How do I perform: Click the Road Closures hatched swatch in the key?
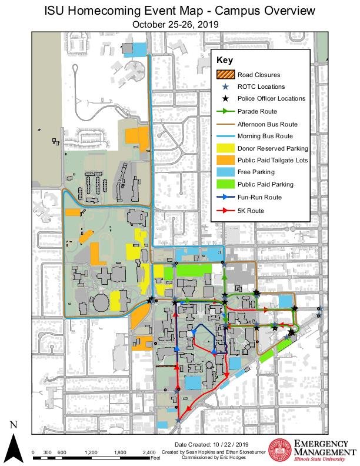pyautogui.click(x=225, y=75)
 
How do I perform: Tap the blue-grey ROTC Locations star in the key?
pyautogui.click(x=225, y=86)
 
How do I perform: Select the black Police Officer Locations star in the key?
pyautogui.click(x=225, y=99)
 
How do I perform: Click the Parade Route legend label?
pyautogui.click(x=257, y=111)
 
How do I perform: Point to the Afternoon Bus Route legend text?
pyautogui.click(x=268, y=124)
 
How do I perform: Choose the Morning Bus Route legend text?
pyautogui.click(x=265, y=136)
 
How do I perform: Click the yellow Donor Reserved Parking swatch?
pyautogui.click(x=225, y=148)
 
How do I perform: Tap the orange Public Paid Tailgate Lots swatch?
pyautogui.click(x=225, y=160)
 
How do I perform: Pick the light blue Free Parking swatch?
pyautogui.click(x=225, y=172)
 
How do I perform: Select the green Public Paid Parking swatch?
pyautogui.click(x=225, y=184)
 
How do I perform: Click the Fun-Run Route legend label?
pyautogui.click(x=259, y=197)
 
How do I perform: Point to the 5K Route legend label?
pyautogui.click(x=251, y=210)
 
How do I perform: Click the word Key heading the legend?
pyautogui.click(x=225, y=60)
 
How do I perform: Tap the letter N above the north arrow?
pyautogui.click(x=14, y=425)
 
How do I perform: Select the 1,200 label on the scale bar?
pyautogui.click(x=91, y=452)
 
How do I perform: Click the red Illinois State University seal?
pyautogui.click(x=279, y=450)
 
